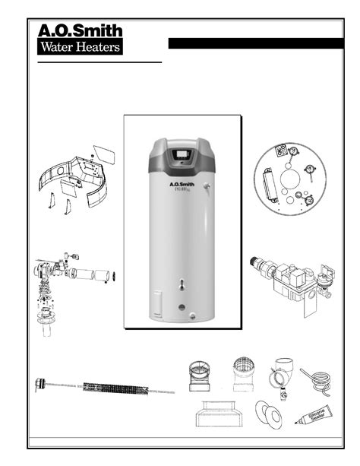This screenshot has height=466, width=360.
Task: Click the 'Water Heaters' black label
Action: pyautogui.click(x=80, y=48)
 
